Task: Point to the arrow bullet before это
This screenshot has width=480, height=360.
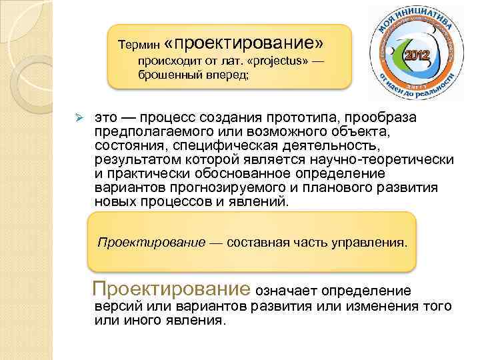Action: (77, 118)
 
